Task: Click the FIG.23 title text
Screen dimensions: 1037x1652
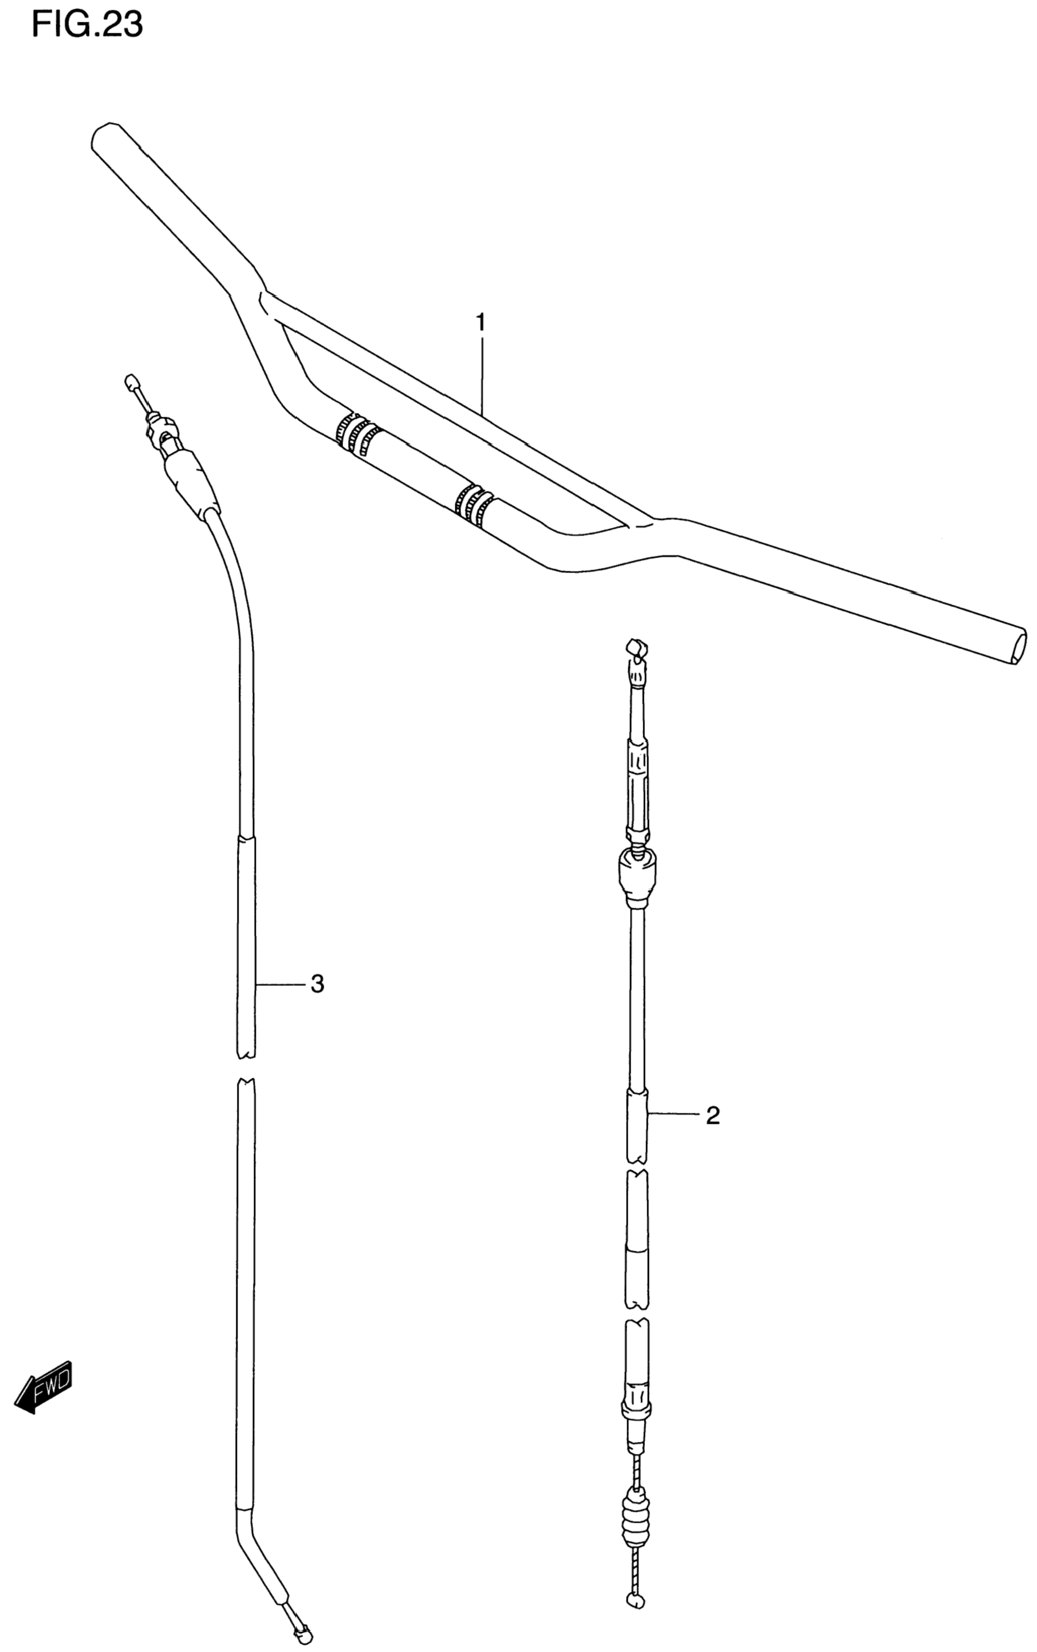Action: [87, 25]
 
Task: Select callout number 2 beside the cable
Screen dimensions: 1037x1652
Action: [713, 1116]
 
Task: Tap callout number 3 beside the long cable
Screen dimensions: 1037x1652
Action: [316, 984]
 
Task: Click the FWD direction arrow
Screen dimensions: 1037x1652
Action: [43, 1385]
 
